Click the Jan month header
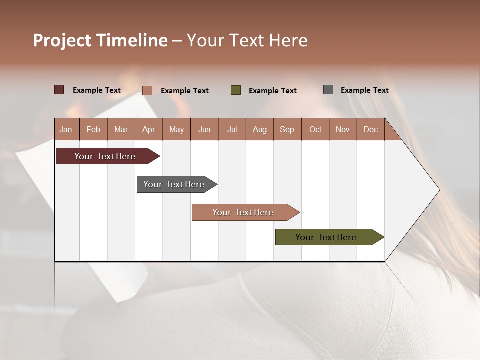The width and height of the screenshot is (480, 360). pyautogui.click(x=66, y=129)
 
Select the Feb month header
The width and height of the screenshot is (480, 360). pyautogui.click(x=93, y=129)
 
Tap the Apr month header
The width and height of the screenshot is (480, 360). pyautogui.click(x=148, y=129)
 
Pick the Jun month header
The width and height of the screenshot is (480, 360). pyautogui.click(x=204, y=129)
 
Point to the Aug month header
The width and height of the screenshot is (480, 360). pyautogui.click(x=259, y=129)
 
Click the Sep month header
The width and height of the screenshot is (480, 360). pyautogui.click(x=287, y=129)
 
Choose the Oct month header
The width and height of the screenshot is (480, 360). pyautogui.click(x=315, y=129)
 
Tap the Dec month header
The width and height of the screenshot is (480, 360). pyautogui.click(x=370, y=129)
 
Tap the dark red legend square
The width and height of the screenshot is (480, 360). pyautogui.click(x=59, y=90)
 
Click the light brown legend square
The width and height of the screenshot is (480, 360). pyautogui.click(x=147, y=90)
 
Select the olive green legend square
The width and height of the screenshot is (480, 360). pyautogui.click(x=236, y=90)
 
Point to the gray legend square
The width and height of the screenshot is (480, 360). pyautogui.click(x=328, y=90)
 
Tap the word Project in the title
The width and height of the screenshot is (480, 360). pyautogui.click(x=63, y=40)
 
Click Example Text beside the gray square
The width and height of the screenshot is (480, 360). pyautogui.click(x=364, y=90)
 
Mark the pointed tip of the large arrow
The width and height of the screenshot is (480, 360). pyautogui.click(x=439, y=190)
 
